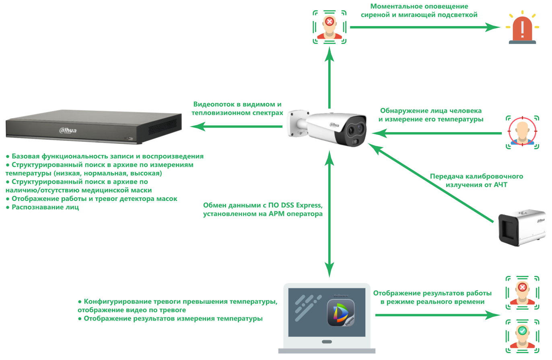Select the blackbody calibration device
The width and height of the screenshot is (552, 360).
521,228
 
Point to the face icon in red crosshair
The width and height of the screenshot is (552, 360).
522,131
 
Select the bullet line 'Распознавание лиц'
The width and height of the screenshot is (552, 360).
45,207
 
